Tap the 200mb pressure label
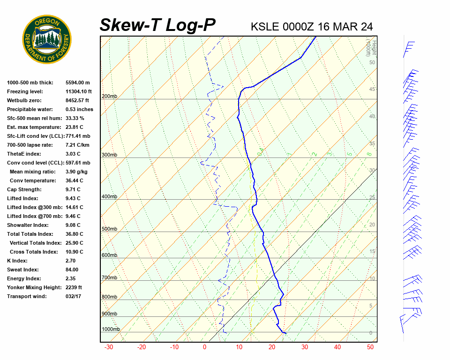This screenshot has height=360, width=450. pyautogui.click(x=109, y=97)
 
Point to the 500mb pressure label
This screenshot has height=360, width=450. pyautogui.click(x=109, y=229)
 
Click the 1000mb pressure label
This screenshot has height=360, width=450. pyautogui.click(x=111, y=330)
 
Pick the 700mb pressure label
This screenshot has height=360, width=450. pyautogui.click(x=109, y=278)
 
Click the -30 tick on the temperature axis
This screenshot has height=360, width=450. pyautogui.click(x=108, y=347)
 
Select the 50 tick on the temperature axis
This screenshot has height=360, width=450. pyautogui.click(x=370, y=347)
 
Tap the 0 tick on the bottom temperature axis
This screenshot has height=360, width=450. pyautogui.click(x=205, y=347)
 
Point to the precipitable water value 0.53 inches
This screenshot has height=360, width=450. pyautogui.click(x=79, y=110)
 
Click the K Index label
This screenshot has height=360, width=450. pyautogui.click(x=17, y=261)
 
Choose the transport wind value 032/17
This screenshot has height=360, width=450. pyautogui.click(x=73, y=297)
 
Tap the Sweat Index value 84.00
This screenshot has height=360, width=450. pyautogui.click(x=72, y=270)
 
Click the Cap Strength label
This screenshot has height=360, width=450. pyautogui.click(x=24, y=190)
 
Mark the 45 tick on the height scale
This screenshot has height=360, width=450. pyautogui.click(x=372, y=90)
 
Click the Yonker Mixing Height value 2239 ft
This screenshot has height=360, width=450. pyautogui.click(x=74, y=288)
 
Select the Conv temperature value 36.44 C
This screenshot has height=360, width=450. pyautogui.click(x=74, y=181)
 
